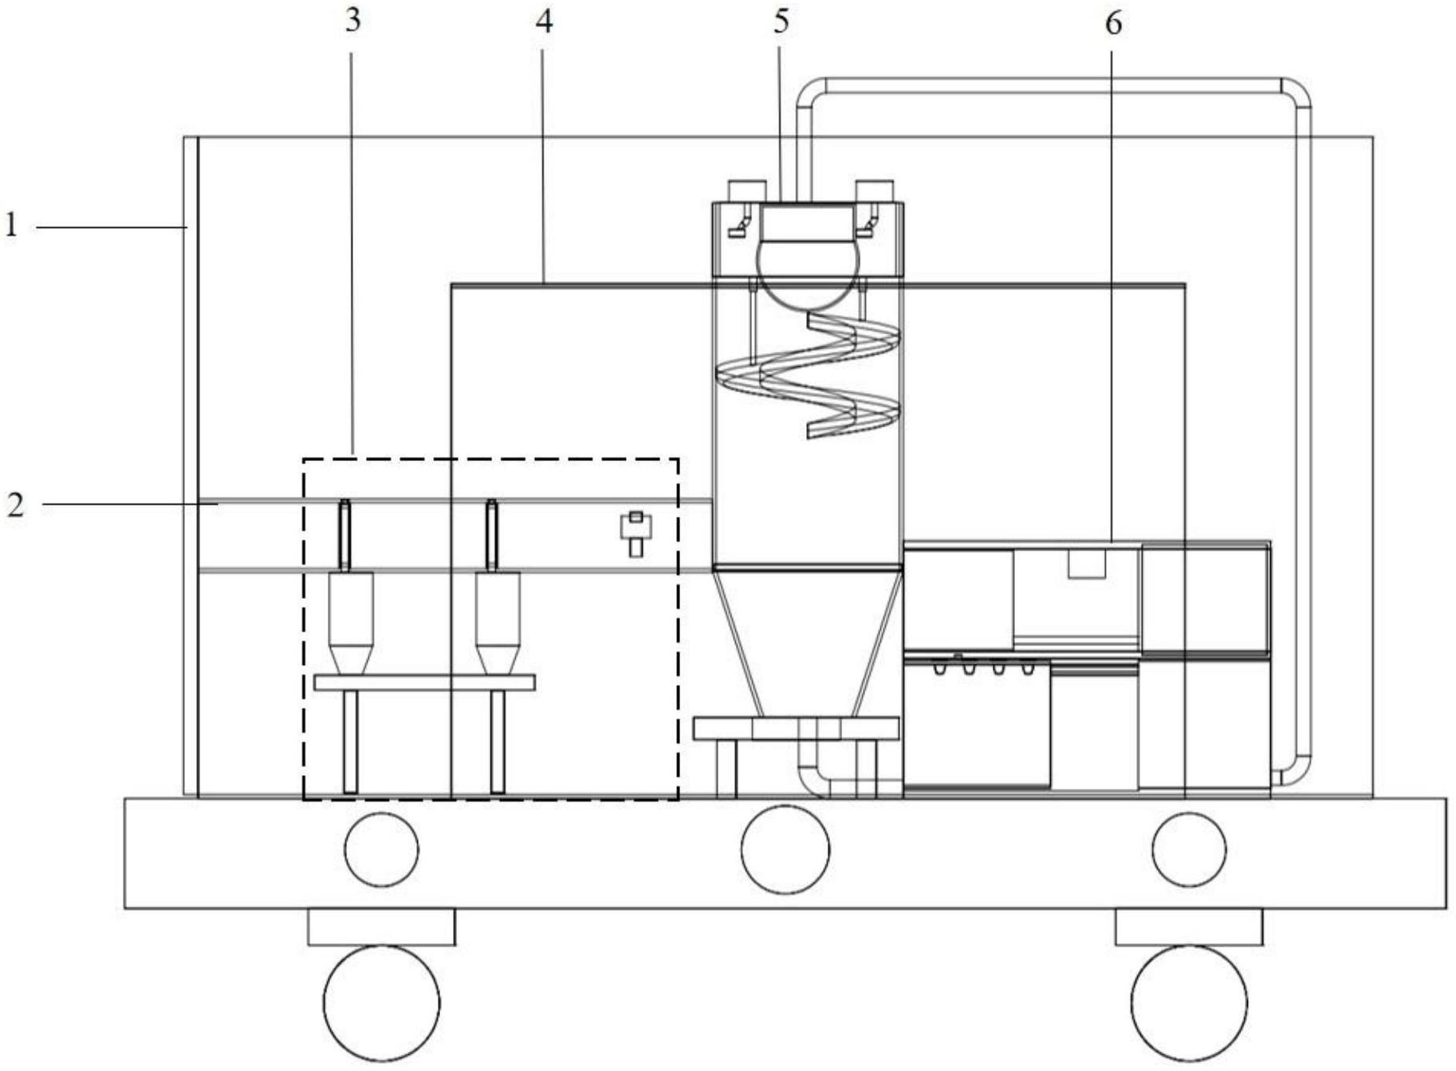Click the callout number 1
pyautogui.click(x=11, y=226)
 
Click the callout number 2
pyautogui.click(x=15, y=505)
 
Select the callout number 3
pyautogui.click(x=352, y=20)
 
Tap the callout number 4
pyautogui.click(x=544, y=22)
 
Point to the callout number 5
pyautogui.click(x=781, y=22)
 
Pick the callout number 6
pyautogui.click(x=1113, y=24)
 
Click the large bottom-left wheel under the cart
pyautogui.click(x=381, y=1003)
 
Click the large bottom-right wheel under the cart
pyautogui.click(x=1189, y=1003)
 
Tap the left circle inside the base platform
pyautogui.click(x=381, y=849)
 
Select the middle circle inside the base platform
pyautogui.click(x=785, y=849)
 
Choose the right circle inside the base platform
pyautogui.click(x=1189, y=849)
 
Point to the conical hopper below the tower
pyautogui.click(x=807, y=638)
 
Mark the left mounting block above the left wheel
pyautogui.click(x=381, y=927)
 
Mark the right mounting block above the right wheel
pyautogui.click(x=1188, y=927)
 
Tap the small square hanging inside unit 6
pyautogui.click(x=1086, y=562)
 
